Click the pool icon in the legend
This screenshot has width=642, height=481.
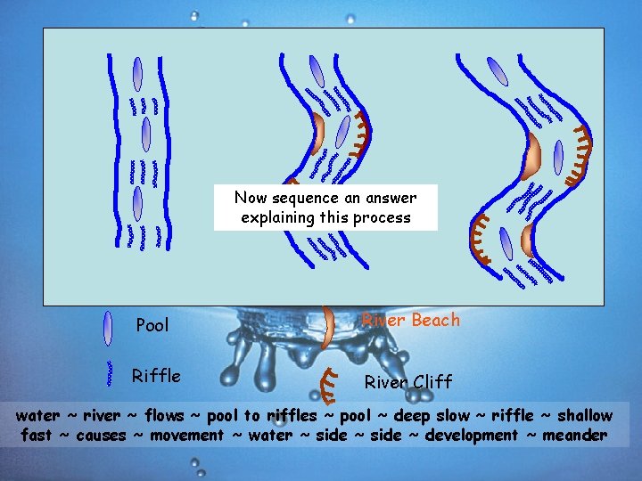(x=108, y=327)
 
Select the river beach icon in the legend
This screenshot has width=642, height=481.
(x=328, y=327)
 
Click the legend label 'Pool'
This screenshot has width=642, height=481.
(x=152, y=325)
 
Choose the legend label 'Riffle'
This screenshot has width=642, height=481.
(x=156, y=376)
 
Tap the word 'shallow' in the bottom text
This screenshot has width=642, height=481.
(x=582, y=416)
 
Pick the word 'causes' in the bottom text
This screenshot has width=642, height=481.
(x=103, y=436)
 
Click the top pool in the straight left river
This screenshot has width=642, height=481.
(x=137, y=73)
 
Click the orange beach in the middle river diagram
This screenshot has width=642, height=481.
(x=318, y=133)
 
